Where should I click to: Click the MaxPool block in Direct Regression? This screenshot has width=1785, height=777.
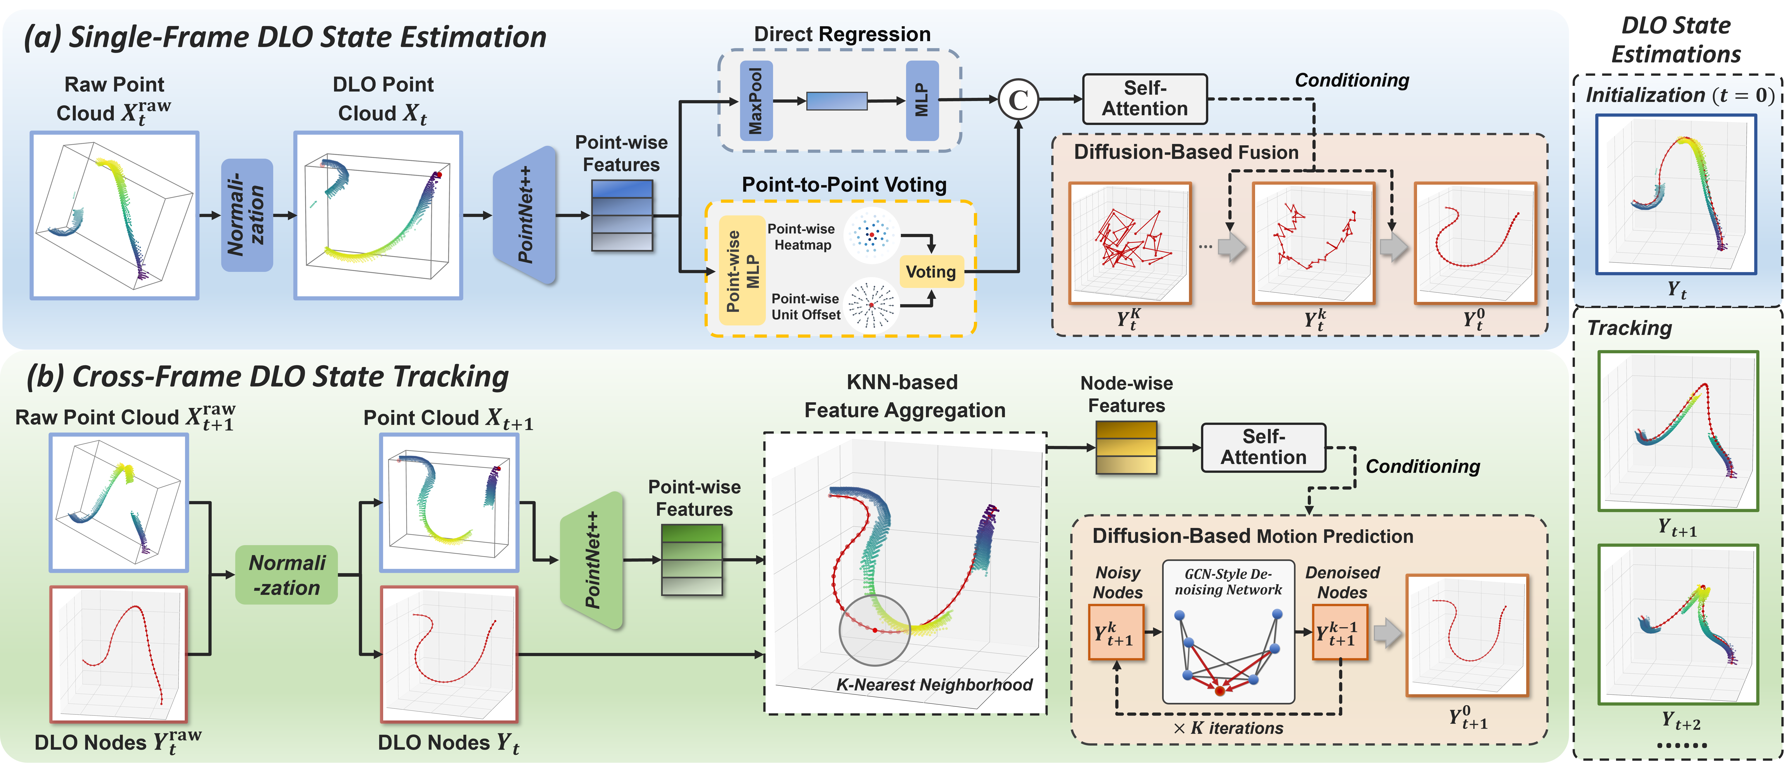tap(755, 100)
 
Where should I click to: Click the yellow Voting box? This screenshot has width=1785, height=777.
tap(931, 271)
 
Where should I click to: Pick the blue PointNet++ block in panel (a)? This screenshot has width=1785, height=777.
tap(525, 215)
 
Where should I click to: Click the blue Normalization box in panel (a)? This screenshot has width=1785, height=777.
tap(247, 215)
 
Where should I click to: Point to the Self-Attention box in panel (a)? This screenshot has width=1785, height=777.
tap(1145, 99)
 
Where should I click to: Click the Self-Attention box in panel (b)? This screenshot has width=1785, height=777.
tap(1263, 447)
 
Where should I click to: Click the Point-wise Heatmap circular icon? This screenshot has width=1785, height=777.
tap(871, 235)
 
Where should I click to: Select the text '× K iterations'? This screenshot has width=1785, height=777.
tap(1228, 728)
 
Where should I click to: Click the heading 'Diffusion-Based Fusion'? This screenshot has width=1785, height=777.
tap(1186, 152)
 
